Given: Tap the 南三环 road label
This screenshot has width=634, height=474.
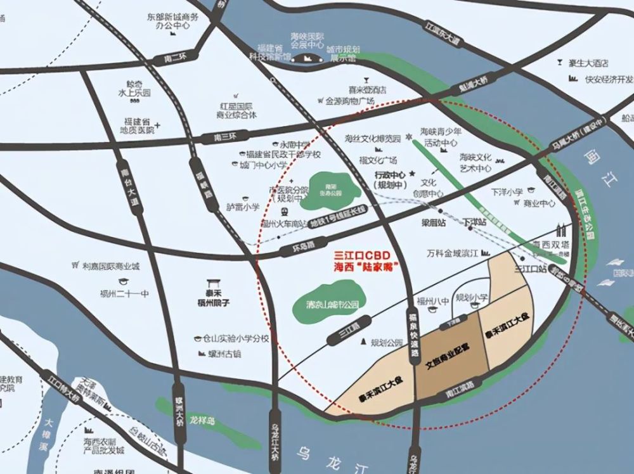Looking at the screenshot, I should click(211, 138).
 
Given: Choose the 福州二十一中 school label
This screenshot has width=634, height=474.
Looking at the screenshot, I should click(127, 293).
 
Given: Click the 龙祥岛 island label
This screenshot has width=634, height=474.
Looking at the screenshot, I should click(202, 420).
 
